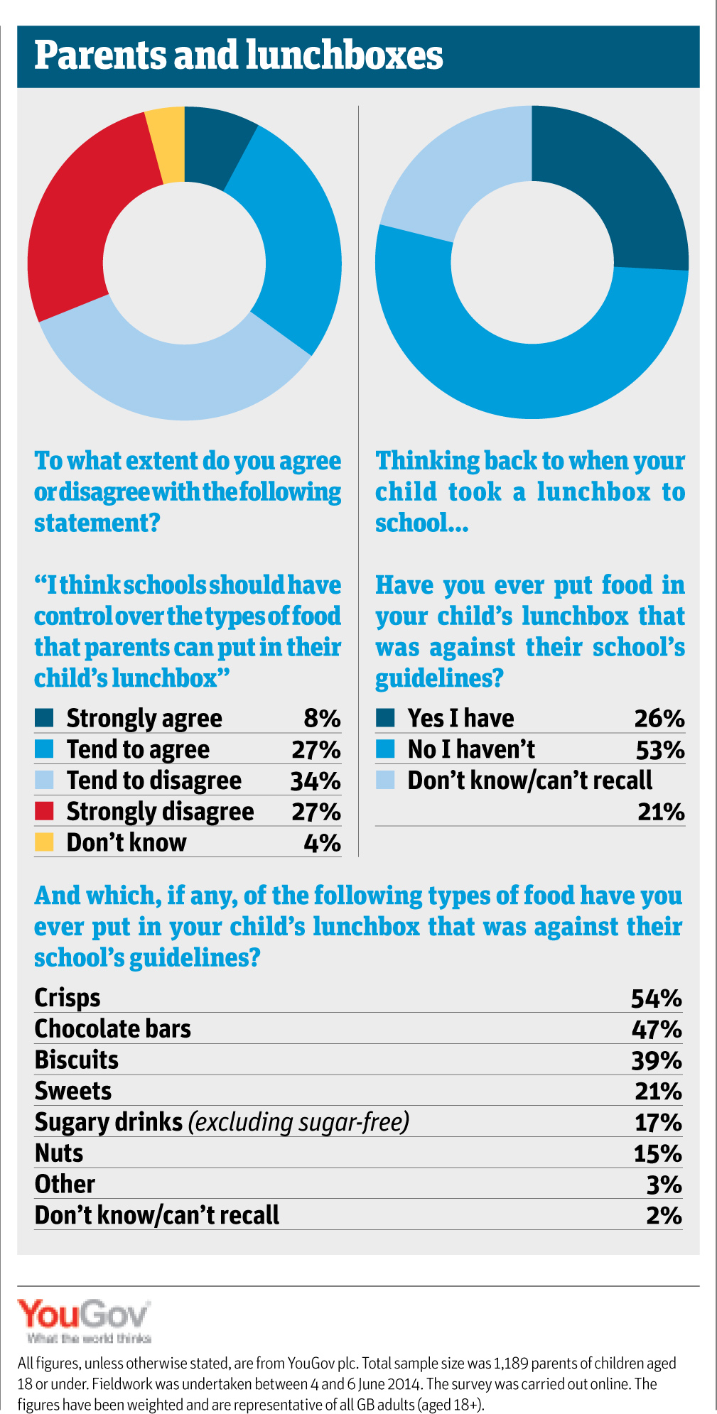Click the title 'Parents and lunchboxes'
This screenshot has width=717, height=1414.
coord(239,56)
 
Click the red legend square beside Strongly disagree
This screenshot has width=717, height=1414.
coord(44,810)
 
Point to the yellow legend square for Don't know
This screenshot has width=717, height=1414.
coord(44,842)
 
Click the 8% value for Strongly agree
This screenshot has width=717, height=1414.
coord(322,718)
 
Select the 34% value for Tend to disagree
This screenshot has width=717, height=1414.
coord(316,781)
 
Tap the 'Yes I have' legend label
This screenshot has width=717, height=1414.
coord(460,718)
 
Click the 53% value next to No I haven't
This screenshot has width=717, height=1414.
coord(659,749)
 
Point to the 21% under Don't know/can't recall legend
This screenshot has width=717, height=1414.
coord(661,811)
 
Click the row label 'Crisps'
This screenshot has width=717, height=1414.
coord(68,998)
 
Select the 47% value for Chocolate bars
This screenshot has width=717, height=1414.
coord(657,1029)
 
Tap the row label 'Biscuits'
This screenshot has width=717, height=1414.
coord(77,1060)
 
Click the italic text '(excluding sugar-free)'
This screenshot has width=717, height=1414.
coord(298,1122)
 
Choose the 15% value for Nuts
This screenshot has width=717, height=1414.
coord(657,1153)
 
